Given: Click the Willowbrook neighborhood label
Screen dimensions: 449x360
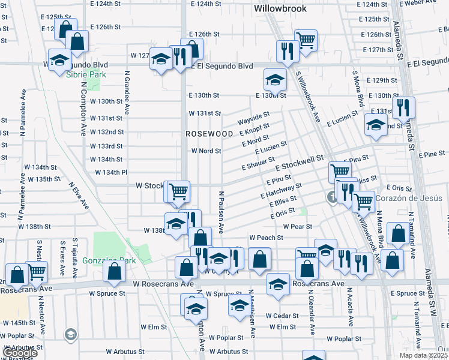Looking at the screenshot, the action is point(280,8).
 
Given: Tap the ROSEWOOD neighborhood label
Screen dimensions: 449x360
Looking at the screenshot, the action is point(209,133).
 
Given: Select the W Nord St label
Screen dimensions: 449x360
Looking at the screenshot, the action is point(206,151).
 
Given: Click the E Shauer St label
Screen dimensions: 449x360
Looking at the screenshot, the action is point(258,164).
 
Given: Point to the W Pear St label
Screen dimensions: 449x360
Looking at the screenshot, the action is point(298,226).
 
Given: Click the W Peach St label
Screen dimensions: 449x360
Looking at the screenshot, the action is point(266,238).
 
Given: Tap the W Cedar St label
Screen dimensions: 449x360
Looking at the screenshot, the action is point(282,315).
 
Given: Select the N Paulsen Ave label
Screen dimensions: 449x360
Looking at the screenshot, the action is point(221,212).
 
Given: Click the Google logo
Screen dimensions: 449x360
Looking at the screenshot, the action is point(20,353).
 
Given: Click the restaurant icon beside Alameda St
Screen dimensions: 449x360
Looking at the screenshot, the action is point(404,108).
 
